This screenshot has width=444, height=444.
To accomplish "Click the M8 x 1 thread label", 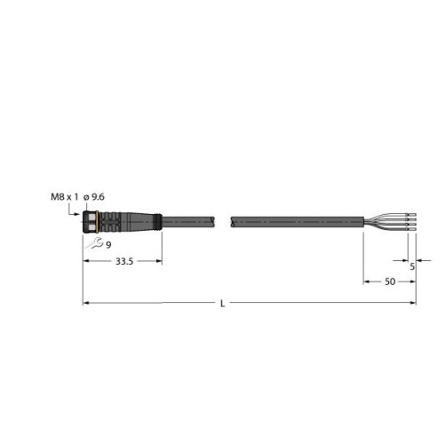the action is click(65, 197).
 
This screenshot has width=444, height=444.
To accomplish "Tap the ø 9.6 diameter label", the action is click(94, 197).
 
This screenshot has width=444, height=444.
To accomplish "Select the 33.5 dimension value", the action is click(124, 261).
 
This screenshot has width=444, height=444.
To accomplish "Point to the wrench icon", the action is click(95, 243).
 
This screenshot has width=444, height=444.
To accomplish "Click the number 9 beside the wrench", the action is click(108, 245).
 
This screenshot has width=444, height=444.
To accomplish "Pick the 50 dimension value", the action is click(390, 281).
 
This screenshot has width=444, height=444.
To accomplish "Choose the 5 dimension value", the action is click(412, 266).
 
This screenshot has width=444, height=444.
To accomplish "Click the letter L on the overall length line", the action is click(223, 304).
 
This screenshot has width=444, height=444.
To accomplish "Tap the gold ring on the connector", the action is click(98, 221).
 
